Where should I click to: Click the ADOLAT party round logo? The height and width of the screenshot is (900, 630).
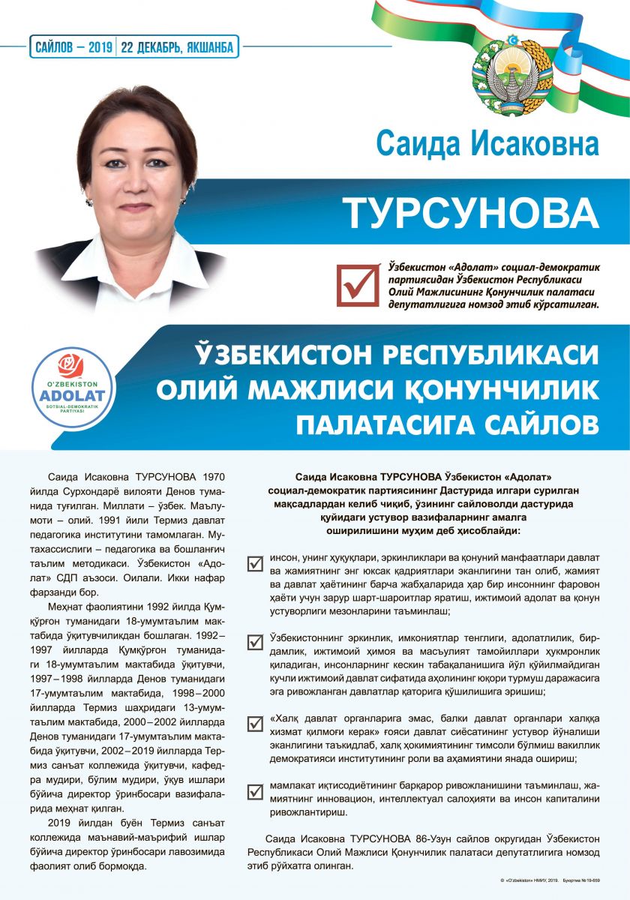pos(74,385)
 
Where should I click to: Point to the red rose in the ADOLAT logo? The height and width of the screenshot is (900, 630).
pos(74,365)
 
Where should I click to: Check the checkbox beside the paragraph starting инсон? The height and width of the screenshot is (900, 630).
pos(255,562)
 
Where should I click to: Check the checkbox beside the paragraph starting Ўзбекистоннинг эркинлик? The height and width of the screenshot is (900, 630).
pos(255,642)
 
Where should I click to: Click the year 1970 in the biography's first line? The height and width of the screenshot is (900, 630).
pos(212,476)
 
